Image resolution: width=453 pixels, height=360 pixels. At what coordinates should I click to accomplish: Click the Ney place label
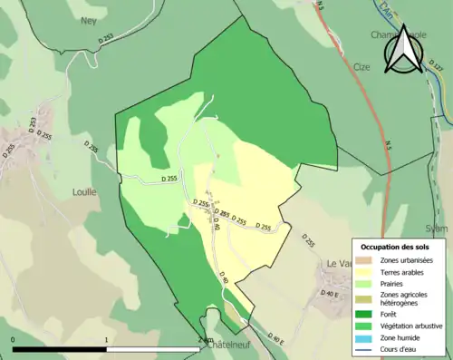point(88,20)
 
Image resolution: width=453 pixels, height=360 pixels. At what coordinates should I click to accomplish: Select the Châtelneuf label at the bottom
point(228,345)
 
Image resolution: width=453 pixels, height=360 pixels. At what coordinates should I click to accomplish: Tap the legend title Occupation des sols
point(394,247)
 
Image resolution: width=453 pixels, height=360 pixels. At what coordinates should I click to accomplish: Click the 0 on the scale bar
point(14,340)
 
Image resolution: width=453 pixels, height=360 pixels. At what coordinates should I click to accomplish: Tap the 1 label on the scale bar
point(107,340)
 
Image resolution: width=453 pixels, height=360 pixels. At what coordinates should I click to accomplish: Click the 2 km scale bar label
point(206,340)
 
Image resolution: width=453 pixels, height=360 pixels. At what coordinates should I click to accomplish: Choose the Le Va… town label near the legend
point(338,263)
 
